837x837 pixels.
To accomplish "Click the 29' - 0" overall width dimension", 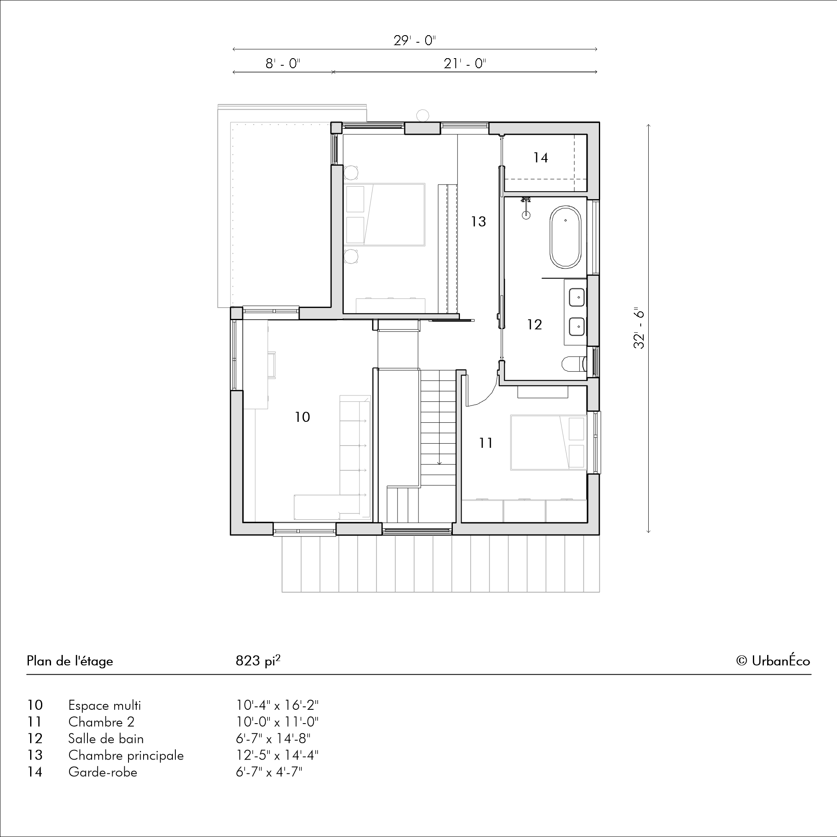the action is tap(415, 41).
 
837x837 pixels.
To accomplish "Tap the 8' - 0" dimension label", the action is tap(283, 64).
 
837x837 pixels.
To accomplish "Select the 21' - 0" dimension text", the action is tap(465, 64).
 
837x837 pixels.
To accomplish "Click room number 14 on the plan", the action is tap(541, 158).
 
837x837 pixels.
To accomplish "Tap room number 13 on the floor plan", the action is tap(479, 222).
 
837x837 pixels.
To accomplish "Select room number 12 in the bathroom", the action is tap(534, 324).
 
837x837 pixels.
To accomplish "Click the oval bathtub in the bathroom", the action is tap(565, 237).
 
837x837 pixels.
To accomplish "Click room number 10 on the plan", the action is tap(303, 417).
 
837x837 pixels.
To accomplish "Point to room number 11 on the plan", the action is tap(486, 443).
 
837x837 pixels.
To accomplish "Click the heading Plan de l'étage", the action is tap(70, 661).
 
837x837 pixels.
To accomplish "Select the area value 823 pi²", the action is tap(258, 660).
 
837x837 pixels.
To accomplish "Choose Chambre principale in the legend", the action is tap(126, 755).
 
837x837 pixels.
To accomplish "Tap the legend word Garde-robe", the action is tap(103, 772).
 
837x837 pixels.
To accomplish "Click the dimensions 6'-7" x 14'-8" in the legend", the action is tap(273, 738).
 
